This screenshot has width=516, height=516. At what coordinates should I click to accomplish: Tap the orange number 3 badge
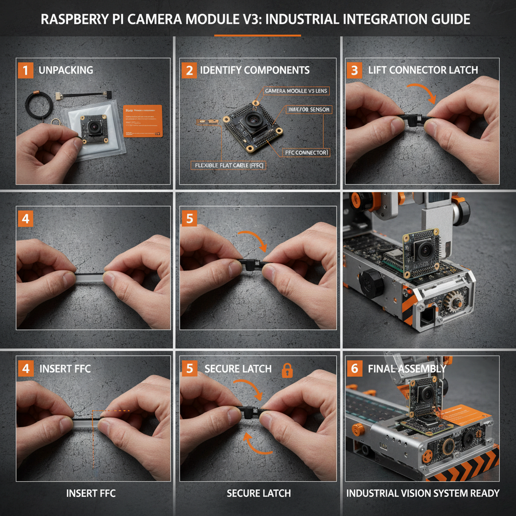[354, 70]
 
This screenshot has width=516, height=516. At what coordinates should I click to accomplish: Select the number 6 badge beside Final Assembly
[354, 368]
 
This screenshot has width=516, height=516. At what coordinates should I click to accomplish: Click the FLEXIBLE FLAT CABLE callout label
[230, 165]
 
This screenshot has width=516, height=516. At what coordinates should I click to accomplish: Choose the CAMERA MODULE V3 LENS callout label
[296, 90]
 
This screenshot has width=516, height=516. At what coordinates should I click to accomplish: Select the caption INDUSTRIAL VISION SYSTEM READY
[422, 493]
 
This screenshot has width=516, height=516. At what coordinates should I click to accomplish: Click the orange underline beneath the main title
[257, 36]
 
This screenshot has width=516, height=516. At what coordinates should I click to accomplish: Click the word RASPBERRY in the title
[77, 20]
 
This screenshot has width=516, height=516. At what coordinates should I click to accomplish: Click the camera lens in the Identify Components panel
[252, 119]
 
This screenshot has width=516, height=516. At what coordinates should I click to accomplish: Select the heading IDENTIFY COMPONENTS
[254, 70]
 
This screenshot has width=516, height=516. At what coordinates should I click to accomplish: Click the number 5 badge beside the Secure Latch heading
[189, 368]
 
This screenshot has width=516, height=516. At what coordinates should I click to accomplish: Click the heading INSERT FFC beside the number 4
[65, 368]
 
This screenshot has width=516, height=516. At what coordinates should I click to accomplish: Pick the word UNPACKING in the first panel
[66, 70]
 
